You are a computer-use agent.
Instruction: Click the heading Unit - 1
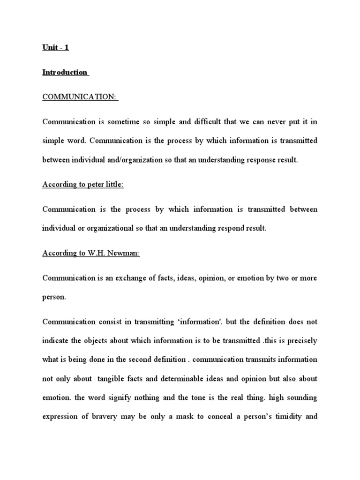(x=56, y=48)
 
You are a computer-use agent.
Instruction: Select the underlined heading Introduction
(x=65, y=72)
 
